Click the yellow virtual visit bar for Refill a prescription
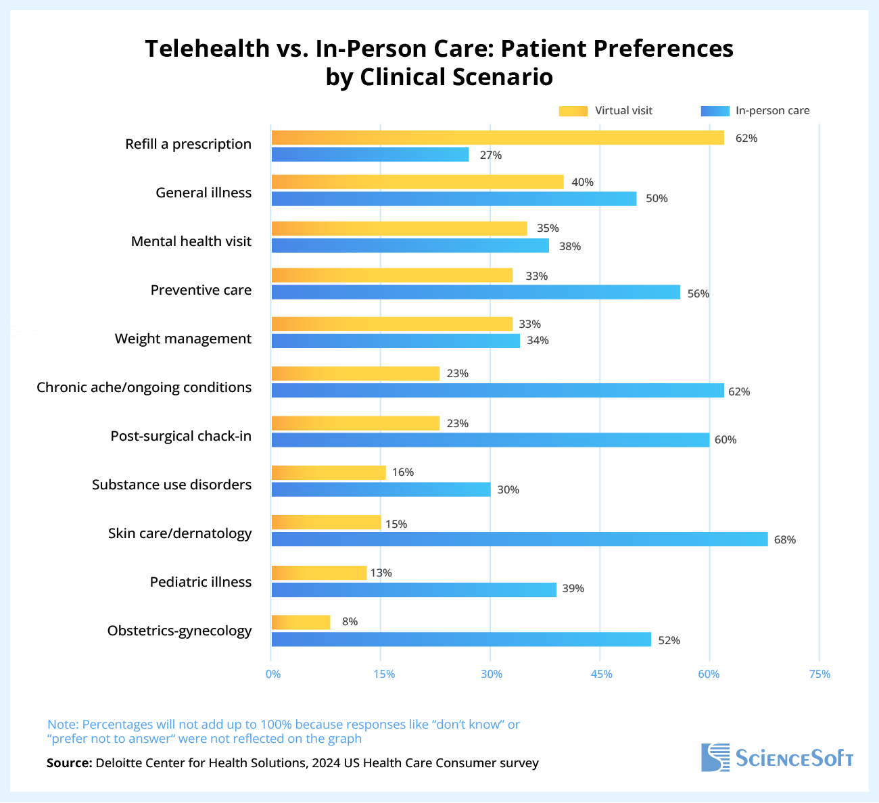498,138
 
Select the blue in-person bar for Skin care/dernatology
519,539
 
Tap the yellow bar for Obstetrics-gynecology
301,622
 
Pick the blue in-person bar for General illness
454,199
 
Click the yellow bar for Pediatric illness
319,573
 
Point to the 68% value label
785,539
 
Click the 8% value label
350,622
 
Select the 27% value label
491,155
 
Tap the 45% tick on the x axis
601,674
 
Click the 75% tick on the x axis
819,674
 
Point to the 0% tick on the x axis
272,674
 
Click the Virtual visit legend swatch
573,111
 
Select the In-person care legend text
772,111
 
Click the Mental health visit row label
191,241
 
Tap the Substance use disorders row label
172,485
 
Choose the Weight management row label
183,339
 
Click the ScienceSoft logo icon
715,757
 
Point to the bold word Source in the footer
69,763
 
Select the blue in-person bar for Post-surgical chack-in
490,440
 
